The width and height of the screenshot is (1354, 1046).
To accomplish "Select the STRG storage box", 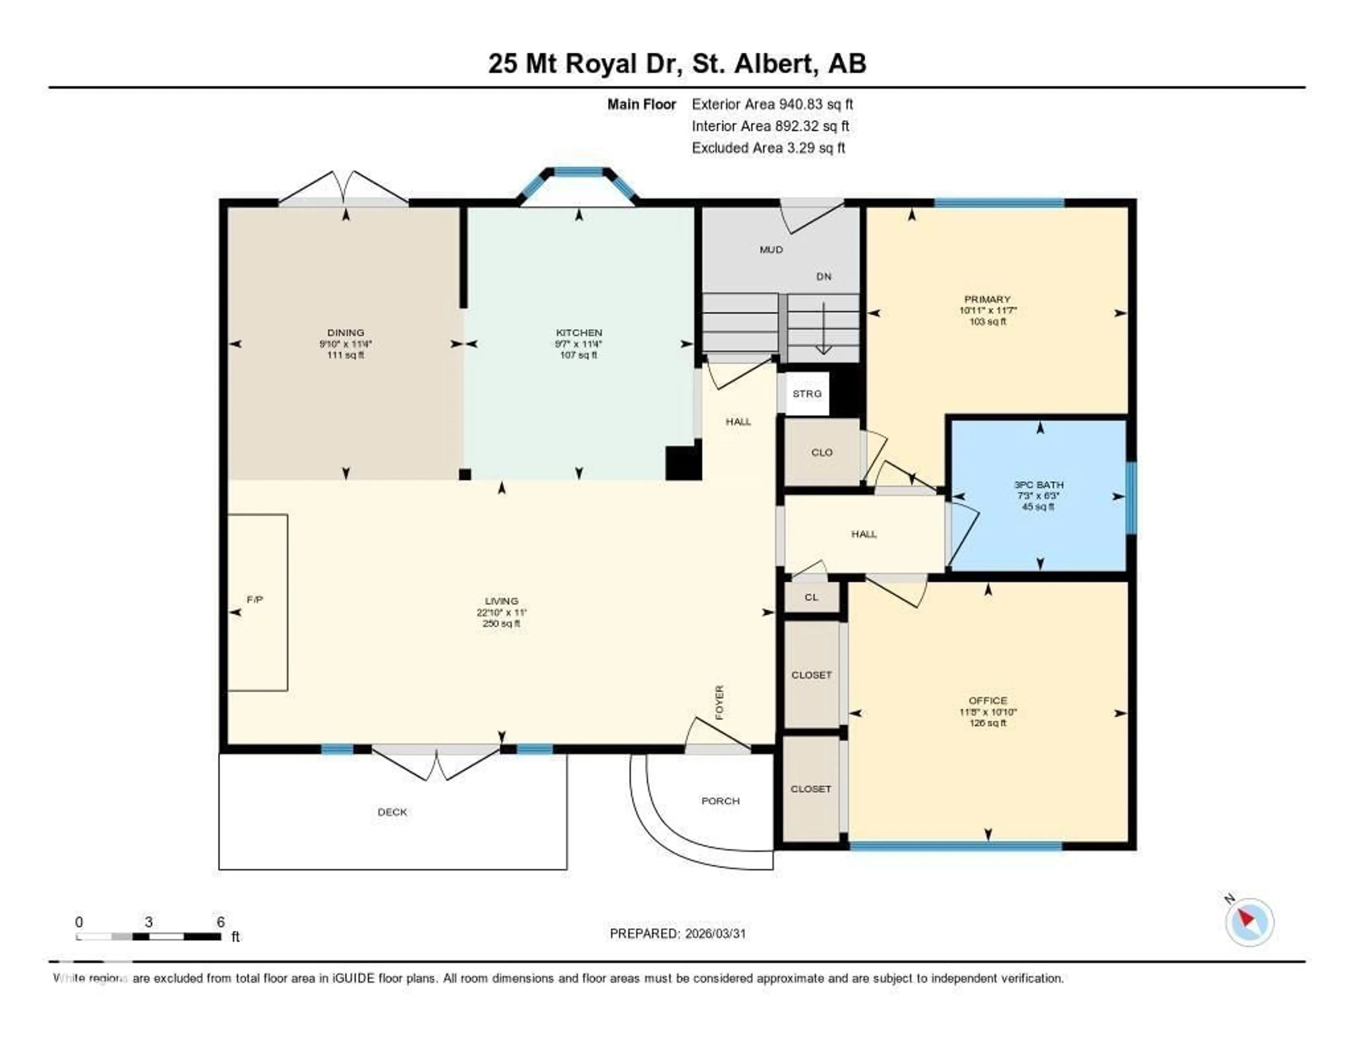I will pyautogui.click(x=806, y=394).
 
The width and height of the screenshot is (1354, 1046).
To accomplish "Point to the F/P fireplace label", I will pyautogui.click(x=255, y=600).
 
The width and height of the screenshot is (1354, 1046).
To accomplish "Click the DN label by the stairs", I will pyautogui.click(x=823, y=276).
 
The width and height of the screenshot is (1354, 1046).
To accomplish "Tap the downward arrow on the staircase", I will pyautogui.click(x=823, y=329).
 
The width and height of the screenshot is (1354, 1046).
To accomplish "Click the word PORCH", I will pyautogui.click(x=720, y=801).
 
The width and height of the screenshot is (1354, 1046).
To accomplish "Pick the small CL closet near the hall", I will pyautogui.click(x=811, y=597).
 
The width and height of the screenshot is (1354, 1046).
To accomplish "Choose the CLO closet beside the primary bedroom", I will pyautogui.click(x=822, y=452).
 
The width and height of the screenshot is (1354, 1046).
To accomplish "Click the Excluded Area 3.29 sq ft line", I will pyautogui.click(x=768, y=147).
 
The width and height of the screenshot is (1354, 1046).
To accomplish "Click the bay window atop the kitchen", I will pyautogui.click(x=578, y=173).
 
